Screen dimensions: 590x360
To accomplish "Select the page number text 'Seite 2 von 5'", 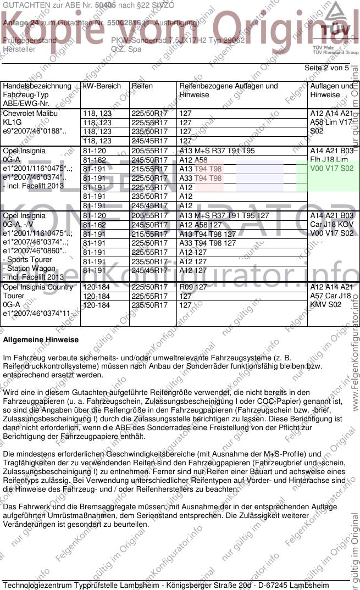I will pyautogui.click(x=326, y=68).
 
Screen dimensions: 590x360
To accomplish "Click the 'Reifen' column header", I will pyautogui.click(x=142, y=86).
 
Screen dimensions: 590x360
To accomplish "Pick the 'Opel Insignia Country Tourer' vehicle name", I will pyautogui.click(x=38, y=292).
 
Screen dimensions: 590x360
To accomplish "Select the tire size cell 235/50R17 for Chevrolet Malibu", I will pyautogui.click(x=149, y=132).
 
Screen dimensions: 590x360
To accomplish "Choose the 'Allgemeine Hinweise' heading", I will pyautogui.click(x=41, y=340).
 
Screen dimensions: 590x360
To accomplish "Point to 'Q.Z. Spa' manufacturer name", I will pyautogui.click(x=126, y=49).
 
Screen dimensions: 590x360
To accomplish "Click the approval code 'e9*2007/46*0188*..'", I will pyautogui.click(x=35, y=132).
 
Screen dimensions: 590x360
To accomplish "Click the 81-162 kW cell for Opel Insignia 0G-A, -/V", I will pyautogui.click(x=94, y=225).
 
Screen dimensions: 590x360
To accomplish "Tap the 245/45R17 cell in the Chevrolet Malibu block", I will pyautogui.click(x=149, y=141).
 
